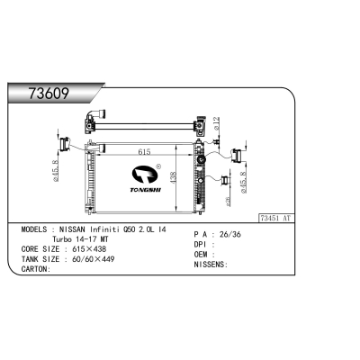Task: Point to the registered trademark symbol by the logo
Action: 158,166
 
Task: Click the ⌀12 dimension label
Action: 219,124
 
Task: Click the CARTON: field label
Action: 35,268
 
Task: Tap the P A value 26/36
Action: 230,235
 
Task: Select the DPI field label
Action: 202,245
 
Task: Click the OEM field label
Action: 202,255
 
